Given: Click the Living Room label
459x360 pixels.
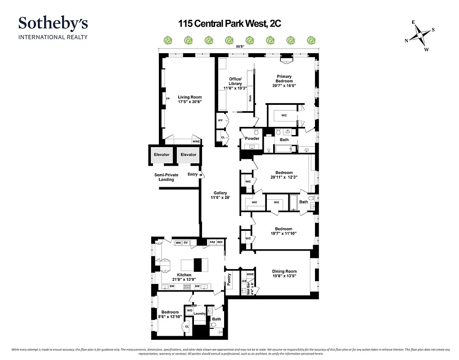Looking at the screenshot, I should point(189,99).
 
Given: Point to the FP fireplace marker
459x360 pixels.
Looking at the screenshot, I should point(168,99).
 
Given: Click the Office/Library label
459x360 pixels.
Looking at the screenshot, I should point(235,84).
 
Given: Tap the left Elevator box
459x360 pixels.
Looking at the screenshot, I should point(162,155).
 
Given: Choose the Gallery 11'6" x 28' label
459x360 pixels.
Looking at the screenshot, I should point(220,195).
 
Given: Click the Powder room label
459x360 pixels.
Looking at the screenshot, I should point(252,139).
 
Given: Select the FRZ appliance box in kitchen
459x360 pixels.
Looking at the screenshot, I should point(212,243).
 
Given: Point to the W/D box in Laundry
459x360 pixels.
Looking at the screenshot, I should point(189,310).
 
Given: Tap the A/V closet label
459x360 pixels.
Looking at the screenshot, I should point(220,121).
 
